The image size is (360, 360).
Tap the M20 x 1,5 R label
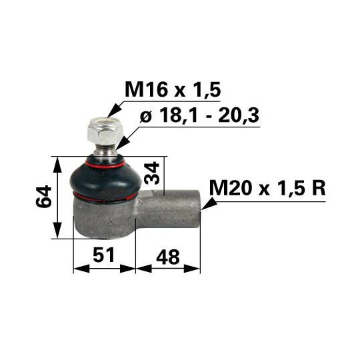click(x=267, y=189)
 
